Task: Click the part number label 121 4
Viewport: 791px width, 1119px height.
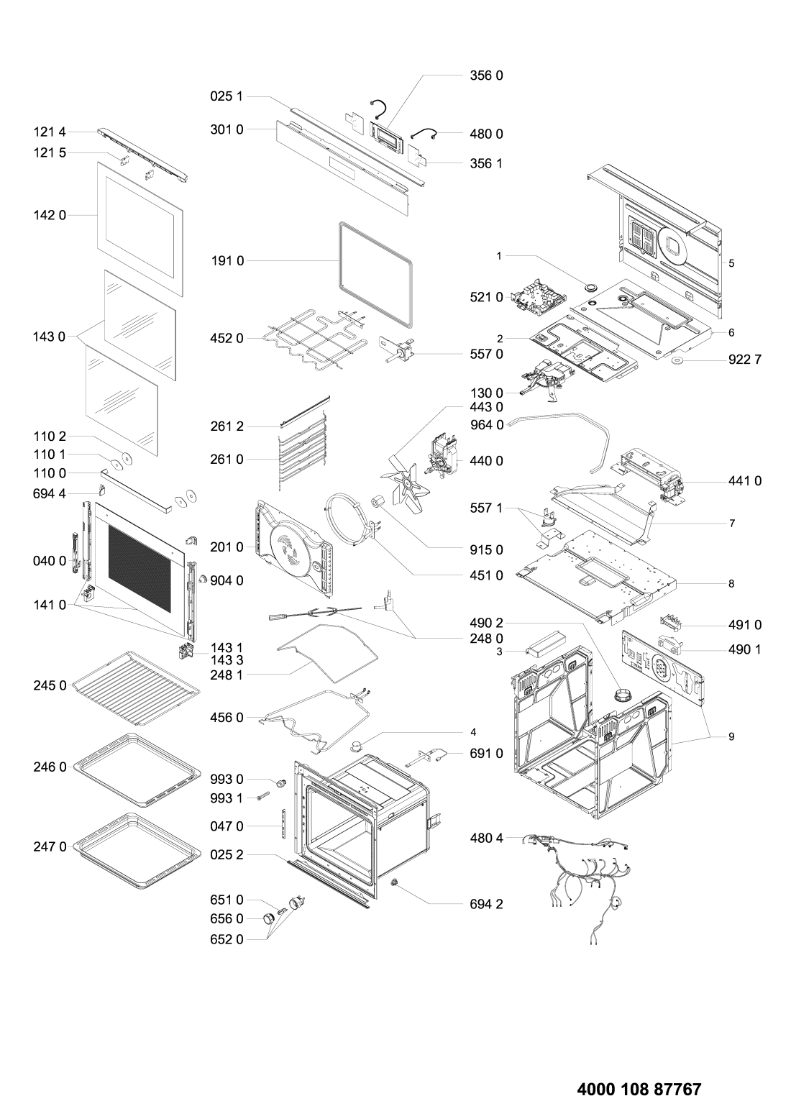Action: pos(48,133)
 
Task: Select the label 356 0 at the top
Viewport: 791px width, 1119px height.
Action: pos(488,75)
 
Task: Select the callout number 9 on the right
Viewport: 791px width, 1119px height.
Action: pos(731,737)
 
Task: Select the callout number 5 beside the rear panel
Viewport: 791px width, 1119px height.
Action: pos(731,264)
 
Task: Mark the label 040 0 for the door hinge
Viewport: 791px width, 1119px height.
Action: pos(48,560)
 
